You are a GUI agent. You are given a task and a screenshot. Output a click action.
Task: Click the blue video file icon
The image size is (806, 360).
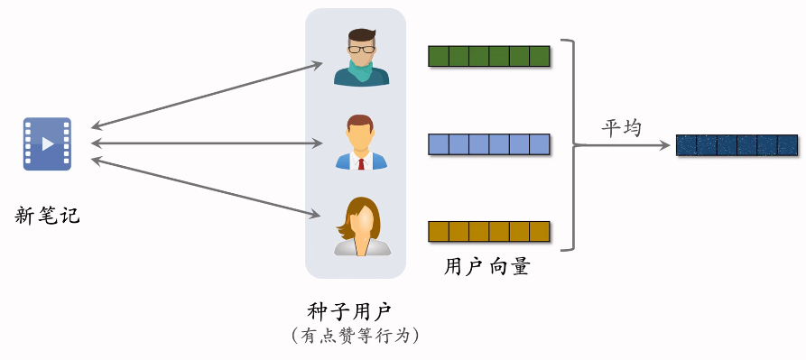tap(47, 143)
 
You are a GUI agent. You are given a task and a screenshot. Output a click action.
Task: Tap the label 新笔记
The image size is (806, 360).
tap(47, 216)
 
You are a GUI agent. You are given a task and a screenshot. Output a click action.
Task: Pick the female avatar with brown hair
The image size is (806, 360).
tap(361, 226)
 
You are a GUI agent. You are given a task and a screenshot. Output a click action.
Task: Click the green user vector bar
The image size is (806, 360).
tap(488, 56)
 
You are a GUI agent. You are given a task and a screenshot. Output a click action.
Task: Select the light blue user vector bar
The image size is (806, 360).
tap(488, 143)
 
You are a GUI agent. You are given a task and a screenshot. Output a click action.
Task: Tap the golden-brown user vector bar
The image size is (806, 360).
tap(488, 231)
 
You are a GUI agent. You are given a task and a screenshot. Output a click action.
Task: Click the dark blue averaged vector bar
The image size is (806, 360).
tap(737, 144)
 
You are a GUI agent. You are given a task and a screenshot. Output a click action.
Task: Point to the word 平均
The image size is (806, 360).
tap(621, 128)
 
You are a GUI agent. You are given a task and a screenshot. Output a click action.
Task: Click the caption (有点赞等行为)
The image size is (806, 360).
tap(355, 336)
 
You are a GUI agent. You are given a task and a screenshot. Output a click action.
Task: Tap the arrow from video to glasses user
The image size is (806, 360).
tap(208, 95)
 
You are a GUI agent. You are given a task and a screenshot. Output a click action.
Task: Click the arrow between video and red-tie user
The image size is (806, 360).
tap(208, 143)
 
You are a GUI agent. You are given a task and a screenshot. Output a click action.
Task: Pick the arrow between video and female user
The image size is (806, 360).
tap(208, 188)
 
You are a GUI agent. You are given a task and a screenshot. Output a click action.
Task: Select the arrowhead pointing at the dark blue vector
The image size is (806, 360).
tap(666, 144)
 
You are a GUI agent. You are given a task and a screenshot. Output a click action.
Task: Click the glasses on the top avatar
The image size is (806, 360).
tap(361, 48)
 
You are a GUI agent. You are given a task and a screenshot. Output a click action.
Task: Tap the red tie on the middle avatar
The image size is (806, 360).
tap(361, 163)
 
